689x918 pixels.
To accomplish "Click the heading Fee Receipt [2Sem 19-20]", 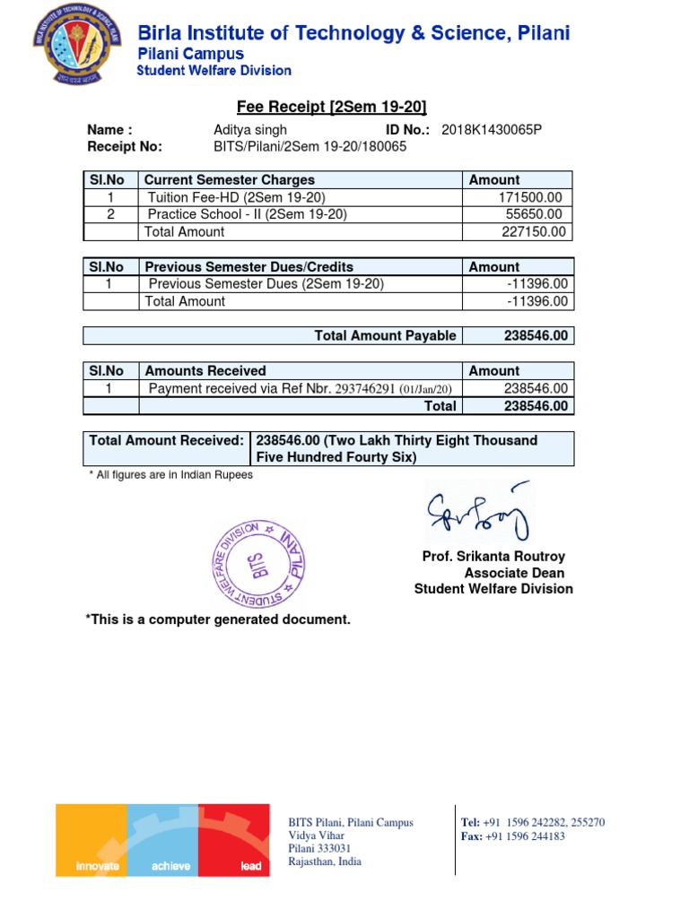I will click(x=325, y=108).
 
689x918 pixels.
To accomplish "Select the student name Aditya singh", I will click(x=249, y=130).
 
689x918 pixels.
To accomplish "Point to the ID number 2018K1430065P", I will click(x=492, y=130).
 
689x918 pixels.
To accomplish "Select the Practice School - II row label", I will click(x=247, y=214).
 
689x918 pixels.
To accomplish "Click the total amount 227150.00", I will click(x=534, y=231).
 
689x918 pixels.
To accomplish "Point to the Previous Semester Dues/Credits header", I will click(x=249, y=266).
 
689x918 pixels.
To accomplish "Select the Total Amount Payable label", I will click(x=385, y=335).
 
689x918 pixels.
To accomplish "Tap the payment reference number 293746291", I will click(x=365, y=388).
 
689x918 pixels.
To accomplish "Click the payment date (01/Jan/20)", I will click(x=426, y=389).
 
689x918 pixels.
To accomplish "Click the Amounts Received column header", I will click(x=205, y=370).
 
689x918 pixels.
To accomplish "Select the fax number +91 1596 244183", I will click(x=525, y=836).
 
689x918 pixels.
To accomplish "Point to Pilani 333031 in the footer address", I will click(x=318, y=848).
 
